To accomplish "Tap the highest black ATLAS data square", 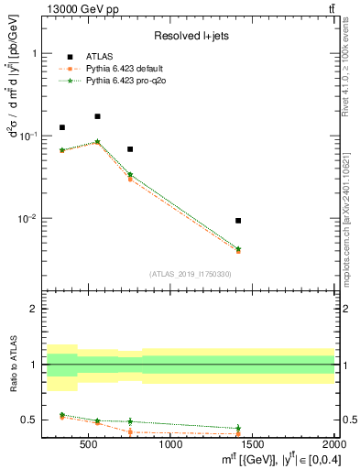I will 97,116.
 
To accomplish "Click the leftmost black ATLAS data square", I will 62,127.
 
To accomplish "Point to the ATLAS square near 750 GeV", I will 130,149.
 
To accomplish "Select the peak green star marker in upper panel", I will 97,142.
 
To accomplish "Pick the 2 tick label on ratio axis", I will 41,309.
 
